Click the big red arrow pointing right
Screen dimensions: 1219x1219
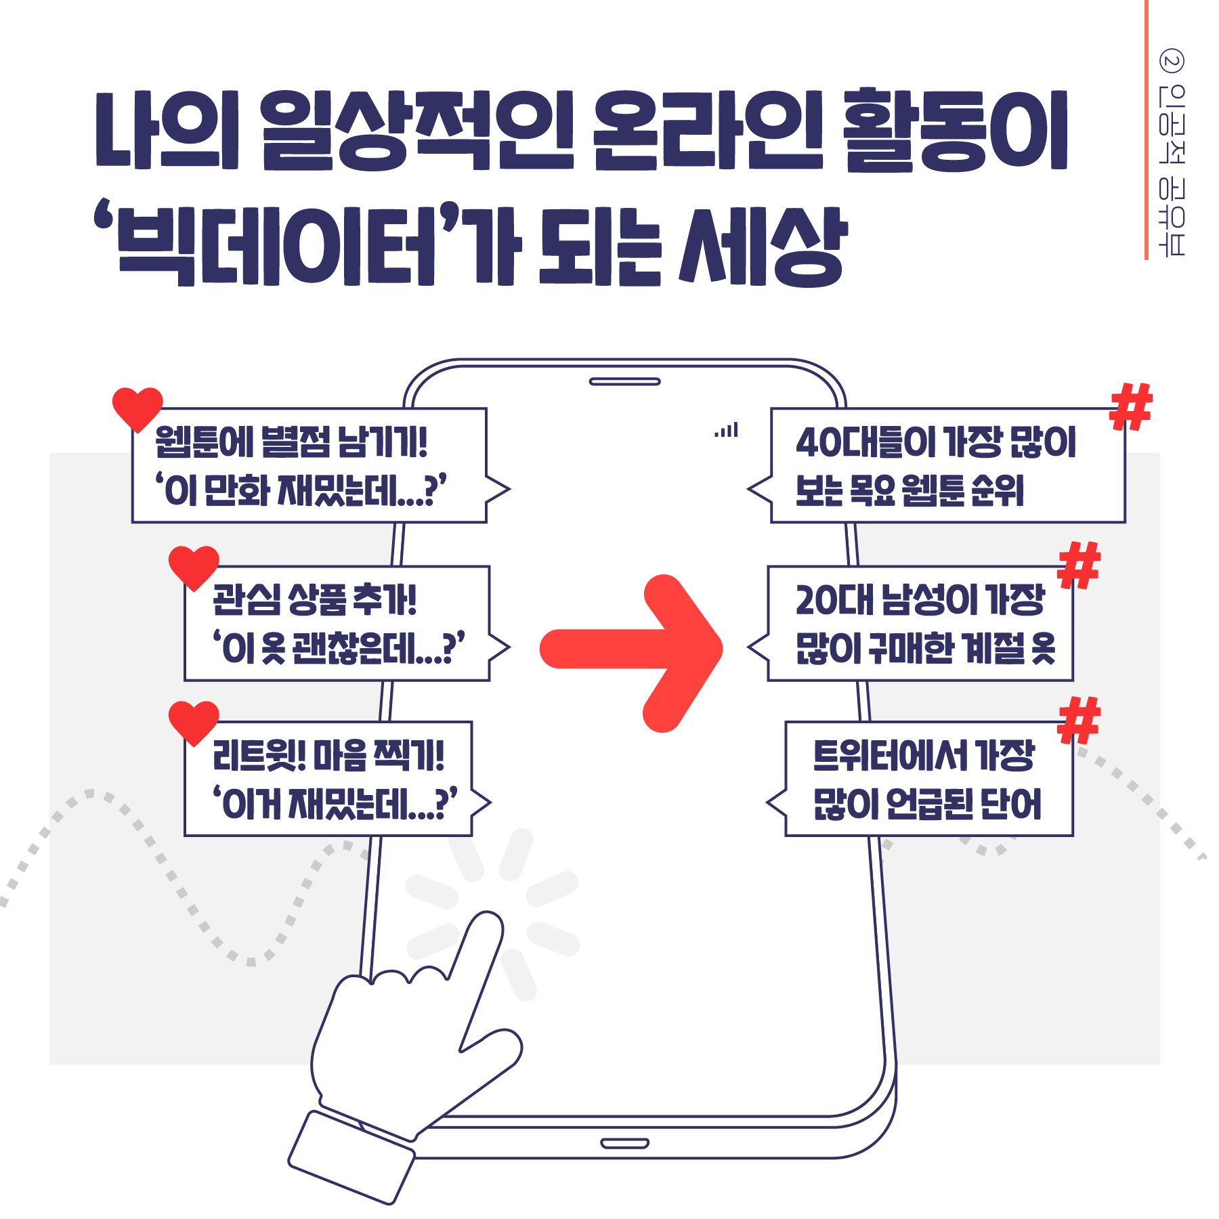click(630, 649)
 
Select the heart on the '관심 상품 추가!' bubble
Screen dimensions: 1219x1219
click(194, 566)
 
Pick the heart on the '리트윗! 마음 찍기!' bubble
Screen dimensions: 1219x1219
click(194, 721)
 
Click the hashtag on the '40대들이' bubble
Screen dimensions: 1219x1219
click(1131, 406)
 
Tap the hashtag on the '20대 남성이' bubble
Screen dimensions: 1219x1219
click(1079, 565)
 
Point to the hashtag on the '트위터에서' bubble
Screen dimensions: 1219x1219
click(1079, 720)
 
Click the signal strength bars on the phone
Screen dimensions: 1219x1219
click(727, 430)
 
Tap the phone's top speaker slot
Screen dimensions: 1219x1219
click(624, 382)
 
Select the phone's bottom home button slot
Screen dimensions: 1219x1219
click(624, 1144)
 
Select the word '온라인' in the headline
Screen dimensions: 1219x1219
click(707, 129)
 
